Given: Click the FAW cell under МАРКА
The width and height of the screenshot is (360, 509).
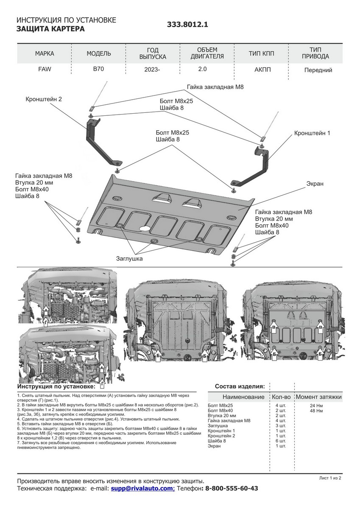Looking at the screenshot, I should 44,69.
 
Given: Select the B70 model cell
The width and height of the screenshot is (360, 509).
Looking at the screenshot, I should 99,69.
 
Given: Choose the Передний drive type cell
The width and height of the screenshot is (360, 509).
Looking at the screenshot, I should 318,70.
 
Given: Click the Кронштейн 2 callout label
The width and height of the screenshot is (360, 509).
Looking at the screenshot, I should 43,99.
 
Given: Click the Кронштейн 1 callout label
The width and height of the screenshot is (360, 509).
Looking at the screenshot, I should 312,133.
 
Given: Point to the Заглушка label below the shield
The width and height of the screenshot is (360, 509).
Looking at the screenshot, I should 129,258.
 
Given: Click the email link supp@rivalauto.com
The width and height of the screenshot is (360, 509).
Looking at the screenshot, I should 142,489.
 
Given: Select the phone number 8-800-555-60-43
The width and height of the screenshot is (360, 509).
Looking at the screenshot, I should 232,489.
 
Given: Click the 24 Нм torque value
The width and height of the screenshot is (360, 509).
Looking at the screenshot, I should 316,406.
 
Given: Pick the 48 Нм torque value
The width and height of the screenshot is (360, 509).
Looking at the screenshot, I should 316,411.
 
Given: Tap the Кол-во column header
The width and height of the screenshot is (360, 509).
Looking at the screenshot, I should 281,397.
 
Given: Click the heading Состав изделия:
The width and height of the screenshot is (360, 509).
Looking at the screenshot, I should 240,386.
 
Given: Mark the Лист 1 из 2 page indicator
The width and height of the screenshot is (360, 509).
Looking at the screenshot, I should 330,478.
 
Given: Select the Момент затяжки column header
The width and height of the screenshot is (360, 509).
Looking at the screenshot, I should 318,397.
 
